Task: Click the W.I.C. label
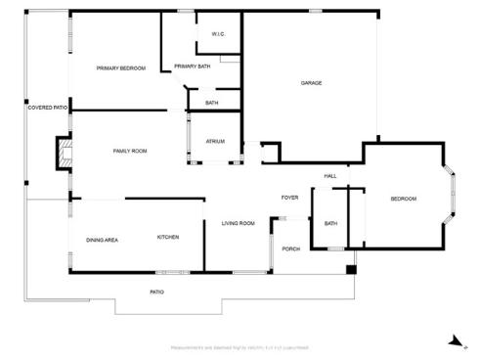click(219, 35)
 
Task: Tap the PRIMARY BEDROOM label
click(120, 67)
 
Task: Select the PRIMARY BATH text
click(192, 67)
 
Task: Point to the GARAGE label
click(311, 83)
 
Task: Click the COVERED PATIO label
click(47, 108)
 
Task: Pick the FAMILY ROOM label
click(130, 151)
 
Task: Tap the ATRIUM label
click(215, 142)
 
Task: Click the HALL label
click(330, 176)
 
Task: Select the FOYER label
click(289, 198)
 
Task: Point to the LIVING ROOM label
click(238, 224)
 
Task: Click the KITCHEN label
click(168, 238)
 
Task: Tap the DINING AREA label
click(103, 240)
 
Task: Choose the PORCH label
click(290, 248)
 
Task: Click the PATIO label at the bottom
click(156, 292)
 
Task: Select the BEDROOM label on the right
click(404, 200)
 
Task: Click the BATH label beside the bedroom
click(330, 224)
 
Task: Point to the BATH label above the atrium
click(211, 103)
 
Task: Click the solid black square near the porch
click(352, 268)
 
